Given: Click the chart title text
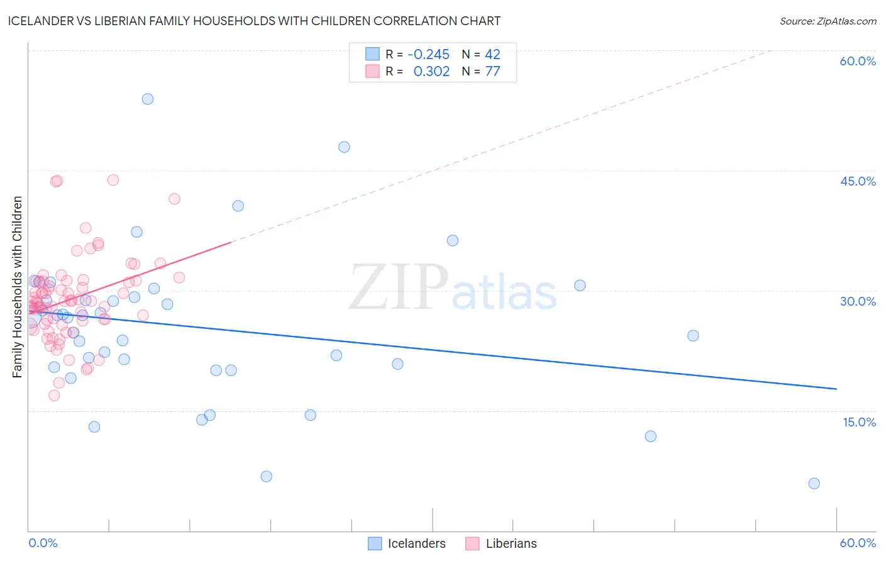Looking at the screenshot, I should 254,21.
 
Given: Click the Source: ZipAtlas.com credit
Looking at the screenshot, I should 827,21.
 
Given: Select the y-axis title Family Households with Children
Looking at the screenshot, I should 18,287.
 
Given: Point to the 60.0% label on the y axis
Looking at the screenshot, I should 858,61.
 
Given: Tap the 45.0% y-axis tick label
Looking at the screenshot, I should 858,181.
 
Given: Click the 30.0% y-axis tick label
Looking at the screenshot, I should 858,301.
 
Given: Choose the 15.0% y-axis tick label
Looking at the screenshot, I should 859,422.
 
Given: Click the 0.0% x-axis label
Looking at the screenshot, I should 43,543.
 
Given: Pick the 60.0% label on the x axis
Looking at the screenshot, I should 858,543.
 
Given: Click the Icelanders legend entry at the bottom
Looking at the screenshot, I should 407,543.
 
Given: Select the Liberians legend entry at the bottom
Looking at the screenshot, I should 501,543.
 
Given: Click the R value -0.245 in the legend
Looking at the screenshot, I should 428,55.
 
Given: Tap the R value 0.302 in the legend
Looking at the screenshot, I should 431,72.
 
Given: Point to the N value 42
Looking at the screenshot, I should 492,55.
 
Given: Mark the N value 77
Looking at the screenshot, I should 492,72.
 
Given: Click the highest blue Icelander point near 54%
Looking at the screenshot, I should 148,99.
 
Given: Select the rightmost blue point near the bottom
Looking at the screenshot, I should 814,484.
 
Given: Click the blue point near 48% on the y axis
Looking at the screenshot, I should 344,147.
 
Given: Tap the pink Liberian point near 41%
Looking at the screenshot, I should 174,199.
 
